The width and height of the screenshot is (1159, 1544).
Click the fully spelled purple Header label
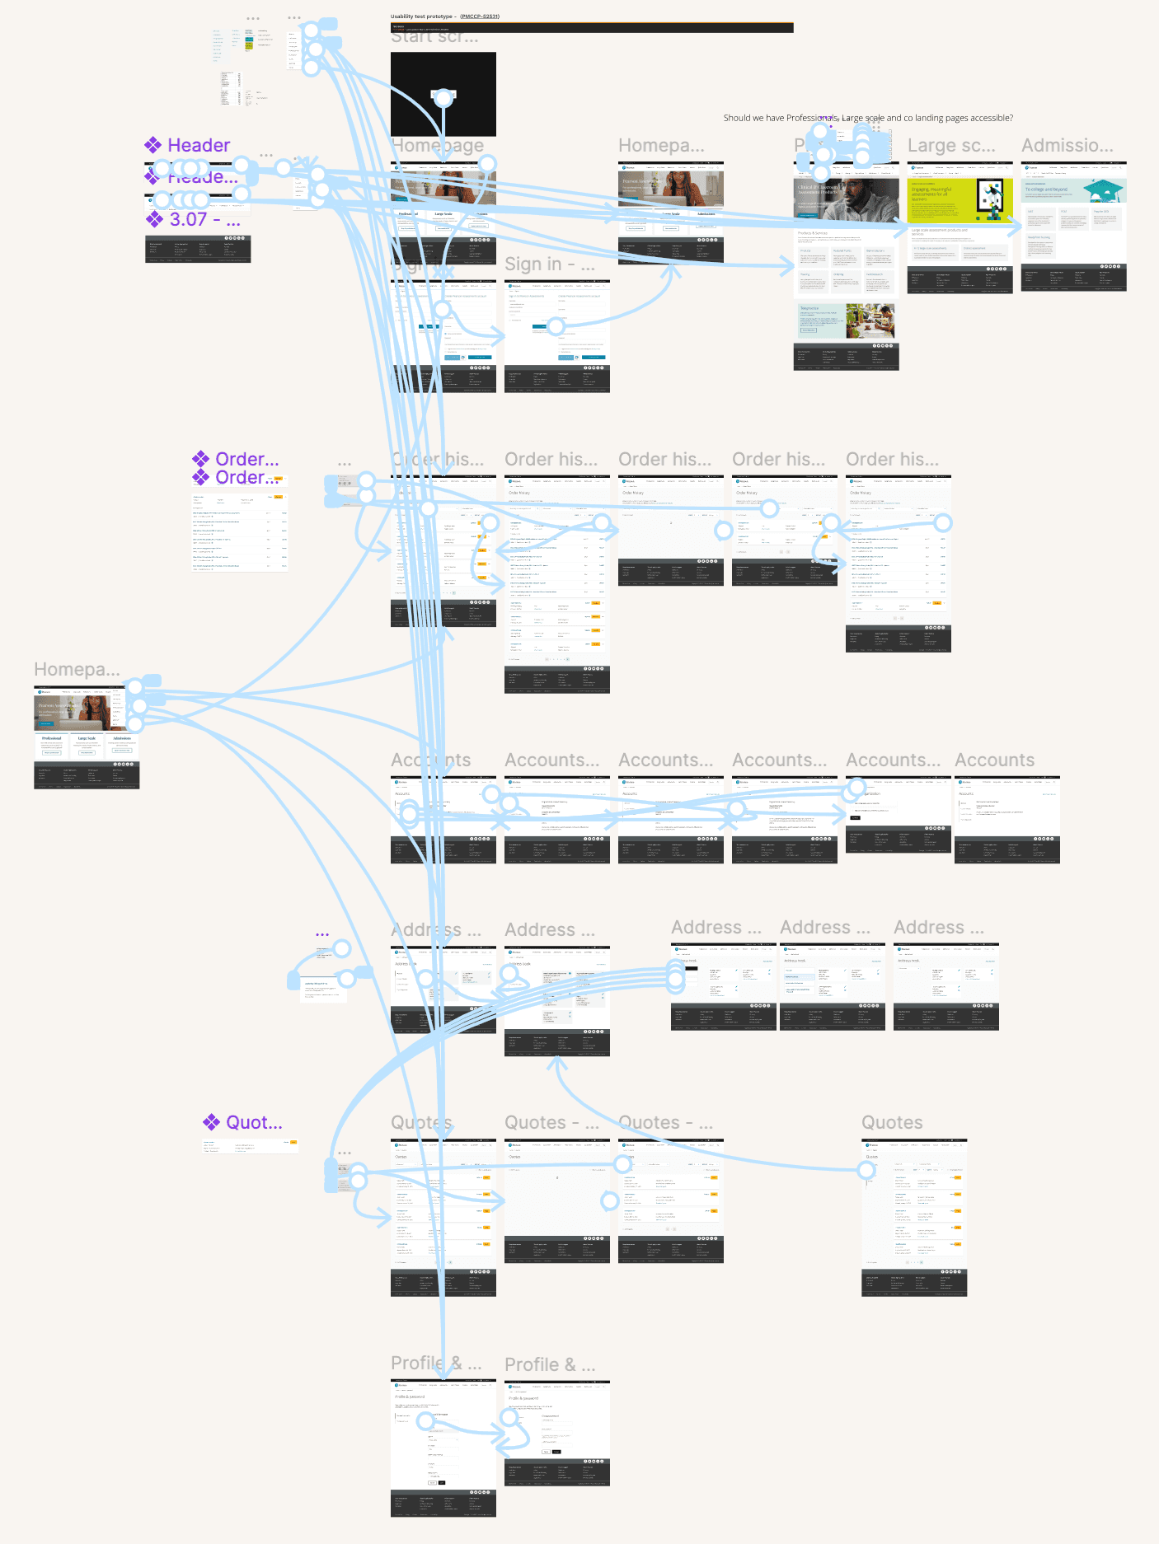pyautogui.click(x=198, y=146)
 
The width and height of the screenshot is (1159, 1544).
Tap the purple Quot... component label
pyautogui.click(x=253, y=1123)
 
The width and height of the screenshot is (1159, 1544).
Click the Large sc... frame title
pyautogui.click(x=951, y=147)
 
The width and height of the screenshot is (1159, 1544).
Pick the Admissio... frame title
pyautogui.click(x=1067, y=147)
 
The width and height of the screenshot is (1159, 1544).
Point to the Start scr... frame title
pyautogui.click(x=434, y=38)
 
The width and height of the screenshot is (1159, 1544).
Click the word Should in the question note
pyautogui.click(x=737, y=119)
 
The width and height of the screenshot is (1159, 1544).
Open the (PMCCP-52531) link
pyautogui.click(x=480, y=16)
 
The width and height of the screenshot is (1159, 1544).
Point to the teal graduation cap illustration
pyautogui.click(x=1103, y=191)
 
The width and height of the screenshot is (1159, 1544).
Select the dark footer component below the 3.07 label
pyautogui.click(x=198, y=250)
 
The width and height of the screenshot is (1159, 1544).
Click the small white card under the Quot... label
pyautogui.click(x=250, y=1146)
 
